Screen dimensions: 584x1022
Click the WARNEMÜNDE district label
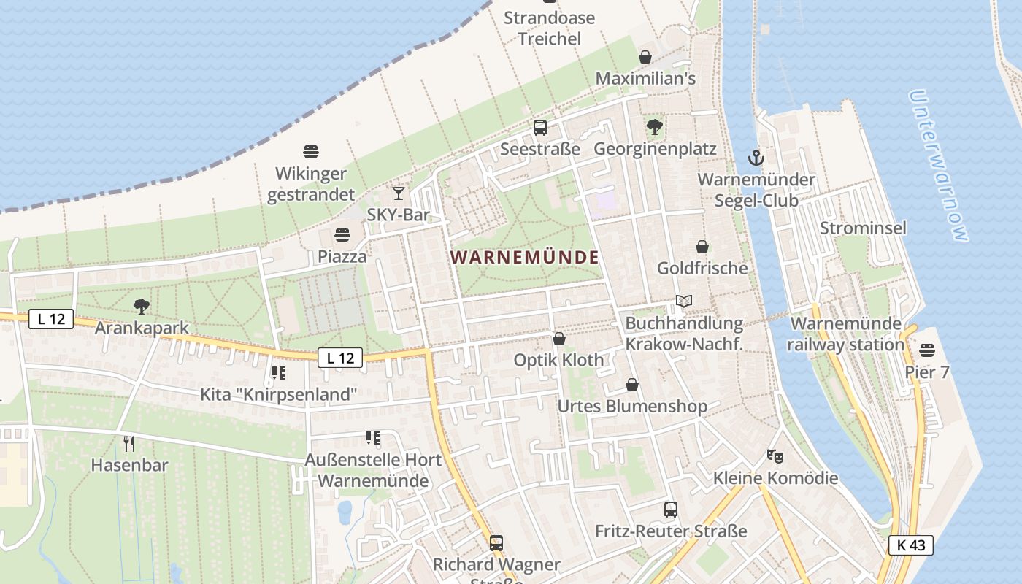(525, 257)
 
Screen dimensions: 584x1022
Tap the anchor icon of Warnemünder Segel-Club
(756, 157)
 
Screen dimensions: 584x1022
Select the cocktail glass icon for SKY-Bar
(398, 193)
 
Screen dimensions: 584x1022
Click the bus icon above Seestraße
(540, 128)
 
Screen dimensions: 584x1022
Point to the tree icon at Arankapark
(142, 307)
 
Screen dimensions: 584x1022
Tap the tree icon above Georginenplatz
(655, 128)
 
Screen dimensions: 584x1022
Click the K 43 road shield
(911, 545)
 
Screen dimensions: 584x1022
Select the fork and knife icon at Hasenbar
(129, 443)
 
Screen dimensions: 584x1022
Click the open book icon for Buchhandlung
(684, 301)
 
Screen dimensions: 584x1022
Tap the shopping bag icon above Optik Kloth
(559, 339)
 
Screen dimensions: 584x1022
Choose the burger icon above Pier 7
(927, 350)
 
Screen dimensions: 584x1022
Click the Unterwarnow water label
(940, 166)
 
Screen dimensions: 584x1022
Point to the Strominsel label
(863, 228)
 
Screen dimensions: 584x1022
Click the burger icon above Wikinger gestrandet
(311, 152)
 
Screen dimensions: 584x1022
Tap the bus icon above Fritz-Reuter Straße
(671, 510)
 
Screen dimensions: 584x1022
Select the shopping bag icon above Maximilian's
(645, 57)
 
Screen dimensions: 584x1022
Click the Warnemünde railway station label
(846, 334)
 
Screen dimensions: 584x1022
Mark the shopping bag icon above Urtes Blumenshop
(632, 385)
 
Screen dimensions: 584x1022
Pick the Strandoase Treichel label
(549, 28)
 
